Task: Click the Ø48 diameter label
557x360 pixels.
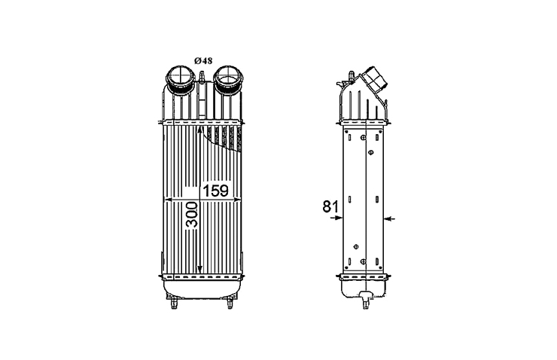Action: coord(203,61)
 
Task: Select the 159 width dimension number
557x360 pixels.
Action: coord(215,191)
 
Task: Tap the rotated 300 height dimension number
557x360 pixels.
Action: coord(192,215)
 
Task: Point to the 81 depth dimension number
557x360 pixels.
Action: coord(330,206)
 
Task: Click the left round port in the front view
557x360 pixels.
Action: coord(180,80)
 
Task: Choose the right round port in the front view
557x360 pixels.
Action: coord(228,80)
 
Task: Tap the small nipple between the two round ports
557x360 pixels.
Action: coord(202,76)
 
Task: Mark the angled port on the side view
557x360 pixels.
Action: coord(373,78)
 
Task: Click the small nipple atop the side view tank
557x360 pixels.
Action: coord(351,76)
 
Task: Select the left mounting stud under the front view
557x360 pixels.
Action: coord(174,304)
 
